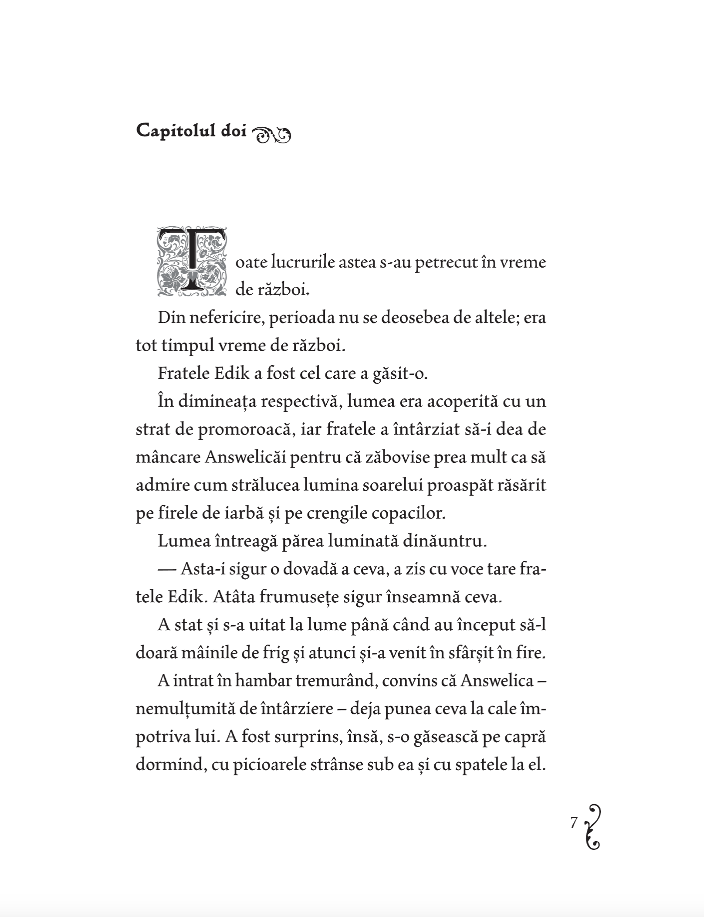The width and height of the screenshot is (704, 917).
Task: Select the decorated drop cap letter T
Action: (x=192, y=262)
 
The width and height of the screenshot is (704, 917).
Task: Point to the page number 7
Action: (x=574, y=822)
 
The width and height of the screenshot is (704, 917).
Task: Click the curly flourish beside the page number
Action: (x=593, y=827)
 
